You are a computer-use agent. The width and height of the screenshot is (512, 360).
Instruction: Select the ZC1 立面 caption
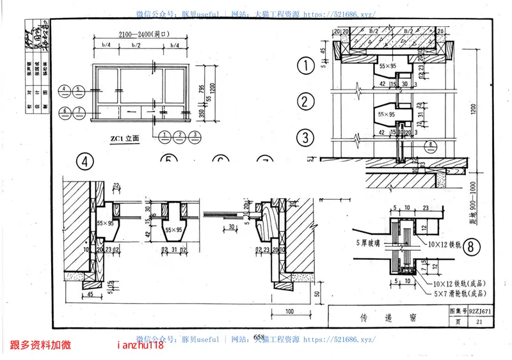click(124, 137)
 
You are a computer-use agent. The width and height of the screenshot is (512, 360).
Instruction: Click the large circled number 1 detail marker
click(306, 65)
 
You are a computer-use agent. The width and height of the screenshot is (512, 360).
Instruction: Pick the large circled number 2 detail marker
click(306, 101)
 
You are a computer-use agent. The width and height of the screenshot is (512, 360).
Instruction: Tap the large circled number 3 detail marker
click(306, 137)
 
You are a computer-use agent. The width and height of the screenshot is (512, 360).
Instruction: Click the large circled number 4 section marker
click(85, 161)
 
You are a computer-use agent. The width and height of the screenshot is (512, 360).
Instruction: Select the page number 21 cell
click(478, 322)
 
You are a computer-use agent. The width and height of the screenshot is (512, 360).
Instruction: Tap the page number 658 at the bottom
click(259, 338)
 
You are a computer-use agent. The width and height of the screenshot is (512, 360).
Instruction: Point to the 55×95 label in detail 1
click(385, 66)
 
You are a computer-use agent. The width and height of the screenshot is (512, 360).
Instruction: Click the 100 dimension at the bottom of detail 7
click(290, 311)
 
